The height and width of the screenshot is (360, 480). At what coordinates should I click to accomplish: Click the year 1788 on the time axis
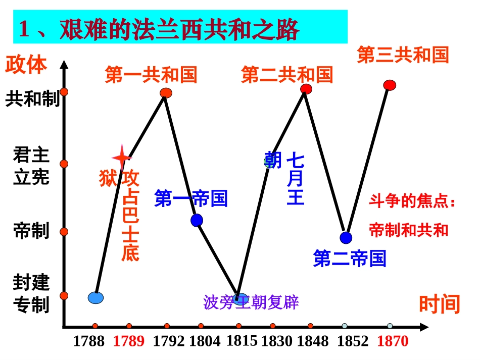coord(88,342)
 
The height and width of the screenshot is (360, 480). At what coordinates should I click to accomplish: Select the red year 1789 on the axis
coord(128,342)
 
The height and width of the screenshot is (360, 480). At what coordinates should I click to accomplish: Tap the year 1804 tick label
coord(205,342)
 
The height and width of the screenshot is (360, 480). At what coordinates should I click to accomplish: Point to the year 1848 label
coord(312,342)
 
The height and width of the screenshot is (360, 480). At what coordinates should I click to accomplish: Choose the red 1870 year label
coord(393,342)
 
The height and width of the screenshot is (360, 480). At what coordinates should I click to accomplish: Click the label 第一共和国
coord(151,75)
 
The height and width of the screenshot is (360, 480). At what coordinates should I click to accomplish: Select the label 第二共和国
coord(287,75)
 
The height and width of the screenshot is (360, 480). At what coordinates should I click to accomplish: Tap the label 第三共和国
coord(403,55)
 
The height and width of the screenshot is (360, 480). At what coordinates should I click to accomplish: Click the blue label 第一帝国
coord(191,198)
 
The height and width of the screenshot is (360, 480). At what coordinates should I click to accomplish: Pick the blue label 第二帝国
coord(350,259)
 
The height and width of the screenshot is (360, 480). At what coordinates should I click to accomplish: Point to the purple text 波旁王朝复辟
coord(251,302)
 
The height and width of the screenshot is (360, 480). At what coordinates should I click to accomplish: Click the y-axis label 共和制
coord(32,99)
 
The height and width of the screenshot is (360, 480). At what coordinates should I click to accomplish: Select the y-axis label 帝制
coord(31,231)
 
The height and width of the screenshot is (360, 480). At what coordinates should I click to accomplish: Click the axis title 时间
coord(439,304)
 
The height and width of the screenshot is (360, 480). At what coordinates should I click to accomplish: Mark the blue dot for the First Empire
coord(197,220)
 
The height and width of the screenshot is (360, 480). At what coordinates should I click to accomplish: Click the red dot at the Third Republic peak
coord(390,85)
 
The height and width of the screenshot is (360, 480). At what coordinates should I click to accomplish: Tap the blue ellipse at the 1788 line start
coord(95,298)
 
